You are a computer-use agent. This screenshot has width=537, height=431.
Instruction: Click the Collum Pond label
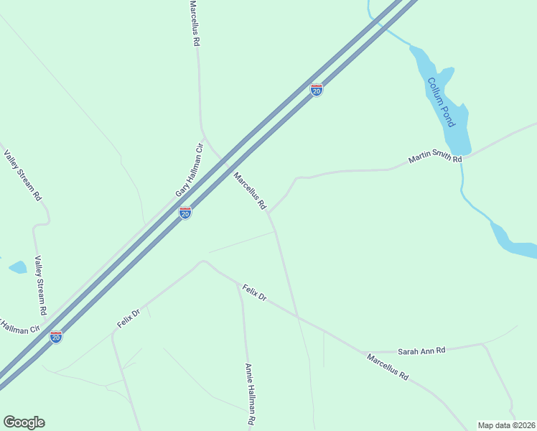click(x=441, y=102)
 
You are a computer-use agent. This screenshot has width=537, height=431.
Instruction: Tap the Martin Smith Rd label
click(x=435, y=155)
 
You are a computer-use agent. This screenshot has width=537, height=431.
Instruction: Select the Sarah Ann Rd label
click(x=421, y=351)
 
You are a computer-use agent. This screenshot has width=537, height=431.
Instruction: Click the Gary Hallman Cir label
click(x=190, y=171)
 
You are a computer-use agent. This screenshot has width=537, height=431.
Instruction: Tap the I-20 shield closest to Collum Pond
click(x=316, y=90)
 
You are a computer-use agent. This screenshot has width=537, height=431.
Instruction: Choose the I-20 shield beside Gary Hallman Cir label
click(x=185, y=213)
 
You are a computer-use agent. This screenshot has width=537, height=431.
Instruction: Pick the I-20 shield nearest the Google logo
click(x=56, y=336)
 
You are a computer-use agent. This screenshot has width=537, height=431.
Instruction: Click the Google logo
click(x=24, y=422)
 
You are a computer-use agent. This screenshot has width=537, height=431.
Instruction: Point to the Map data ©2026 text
click(x=507, y=425)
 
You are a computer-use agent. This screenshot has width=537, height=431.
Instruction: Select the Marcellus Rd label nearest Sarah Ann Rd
click(x=387, y=366)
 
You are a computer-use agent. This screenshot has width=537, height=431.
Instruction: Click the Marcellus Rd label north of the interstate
click(x=194, y=23)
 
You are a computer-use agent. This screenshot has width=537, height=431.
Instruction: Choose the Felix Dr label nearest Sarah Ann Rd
click(x=254, y=292)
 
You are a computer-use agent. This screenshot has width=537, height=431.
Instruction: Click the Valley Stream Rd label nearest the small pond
click(x=41, y=287)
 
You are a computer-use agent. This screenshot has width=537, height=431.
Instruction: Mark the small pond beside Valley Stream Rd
click(x=17, y=268)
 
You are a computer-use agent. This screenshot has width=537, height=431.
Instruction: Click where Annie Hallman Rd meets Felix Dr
click(x=238, y=284)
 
